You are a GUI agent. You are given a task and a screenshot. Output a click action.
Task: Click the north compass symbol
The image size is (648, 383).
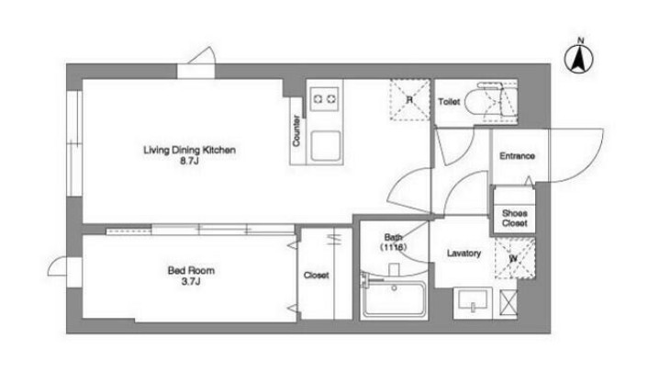tap(579, 58)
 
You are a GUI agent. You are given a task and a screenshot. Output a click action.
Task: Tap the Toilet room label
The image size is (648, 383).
tap(449, 101)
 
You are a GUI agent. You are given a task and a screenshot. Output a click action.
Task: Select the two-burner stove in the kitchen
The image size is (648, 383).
tap(324, 99)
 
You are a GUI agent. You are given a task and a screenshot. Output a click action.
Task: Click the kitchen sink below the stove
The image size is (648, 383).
tap(326, 146)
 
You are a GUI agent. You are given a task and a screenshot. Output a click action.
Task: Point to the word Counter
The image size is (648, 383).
tap(296, 130)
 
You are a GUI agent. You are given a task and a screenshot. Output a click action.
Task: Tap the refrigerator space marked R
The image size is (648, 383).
tap(409, 100)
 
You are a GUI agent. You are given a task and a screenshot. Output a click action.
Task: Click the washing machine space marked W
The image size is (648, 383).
tap(515, 258)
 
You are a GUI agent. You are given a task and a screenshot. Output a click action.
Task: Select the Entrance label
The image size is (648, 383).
tap(517, 156)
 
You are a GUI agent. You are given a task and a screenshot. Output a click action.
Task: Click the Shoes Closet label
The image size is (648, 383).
tap(515, 218)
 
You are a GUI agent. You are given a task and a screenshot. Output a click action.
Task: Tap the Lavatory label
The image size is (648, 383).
tap(464, 253)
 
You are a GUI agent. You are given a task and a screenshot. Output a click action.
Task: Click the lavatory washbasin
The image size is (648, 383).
tap(473, 300)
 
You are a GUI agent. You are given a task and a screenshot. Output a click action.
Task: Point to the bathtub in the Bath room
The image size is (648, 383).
tap(394, 299)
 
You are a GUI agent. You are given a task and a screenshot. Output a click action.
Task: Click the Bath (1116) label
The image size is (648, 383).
tap(393, 242)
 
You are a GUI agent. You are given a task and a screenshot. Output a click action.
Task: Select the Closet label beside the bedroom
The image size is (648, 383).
tap(316, 275)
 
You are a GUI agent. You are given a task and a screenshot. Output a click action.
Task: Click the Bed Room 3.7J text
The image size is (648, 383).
tap(191, 276)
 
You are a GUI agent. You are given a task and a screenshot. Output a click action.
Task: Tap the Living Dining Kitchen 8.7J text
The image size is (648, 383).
tap(189, 155)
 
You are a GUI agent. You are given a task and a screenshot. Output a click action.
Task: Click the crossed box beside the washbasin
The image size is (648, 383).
tap(508, 303)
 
